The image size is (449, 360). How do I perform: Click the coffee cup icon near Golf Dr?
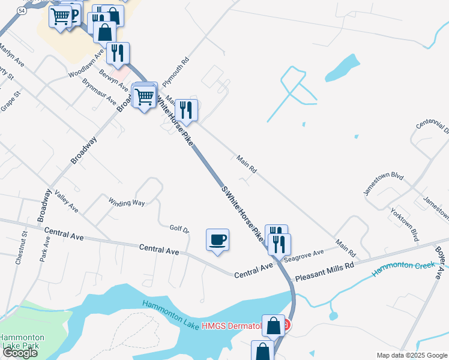pos(217,239)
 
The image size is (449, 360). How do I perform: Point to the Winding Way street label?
pos(127,202)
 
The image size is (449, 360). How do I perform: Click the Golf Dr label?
pos(179,229)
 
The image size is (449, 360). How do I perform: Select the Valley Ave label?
pos(66,201)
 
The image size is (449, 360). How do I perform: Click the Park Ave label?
pos(44,247)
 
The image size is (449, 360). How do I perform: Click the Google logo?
pos(19,353)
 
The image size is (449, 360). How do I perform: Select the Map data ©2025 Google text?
pos(412,355)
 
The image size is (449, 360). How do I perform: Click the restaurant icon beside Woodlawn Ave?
pos(118,53)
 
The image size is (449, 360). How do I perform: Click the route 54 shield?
pos(22,11)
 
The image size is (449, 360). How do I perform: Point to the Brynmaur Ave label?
pos(100,92)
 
